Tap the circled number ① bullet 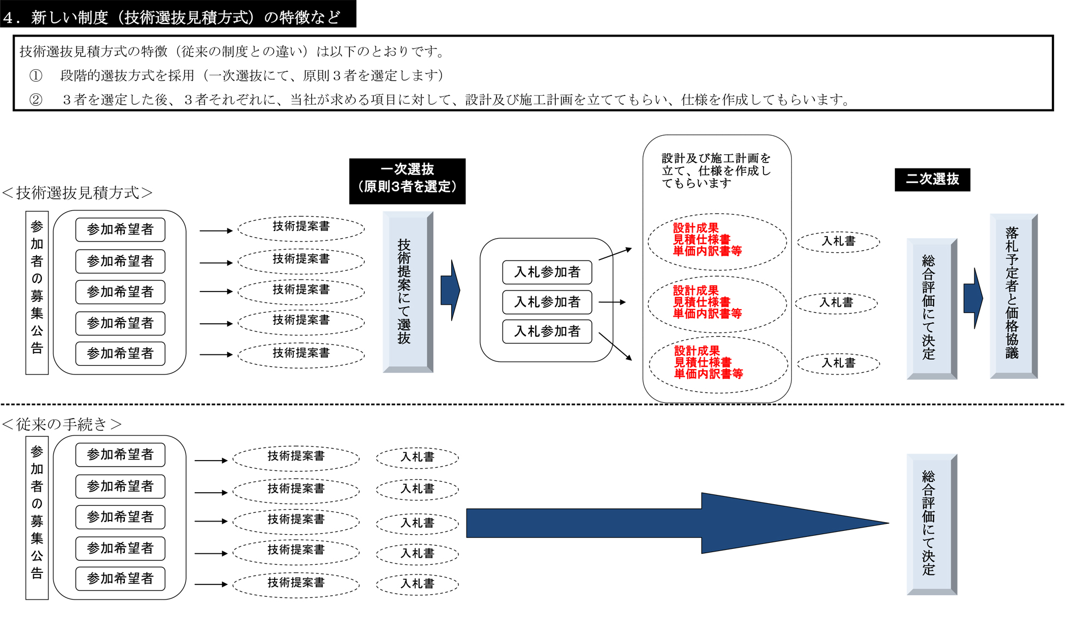pos(35,75)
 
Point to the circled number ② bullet pos(35,100)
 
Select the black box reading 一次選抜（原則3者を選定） pos(407,181)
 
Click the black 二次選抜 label pos(932,179)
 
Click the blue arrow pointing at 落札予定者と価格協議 pos(973,298)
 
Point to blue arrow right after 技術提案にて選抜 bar pos(450,290)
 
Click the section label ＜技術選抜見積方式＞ pos(77,193)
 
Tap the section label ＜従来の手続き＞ pos(62,424)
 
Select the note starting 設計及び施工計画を pos(716,171)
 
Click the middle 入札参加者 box pos(547,302)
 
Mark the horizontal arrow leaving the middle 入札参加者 pos(612,302)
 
